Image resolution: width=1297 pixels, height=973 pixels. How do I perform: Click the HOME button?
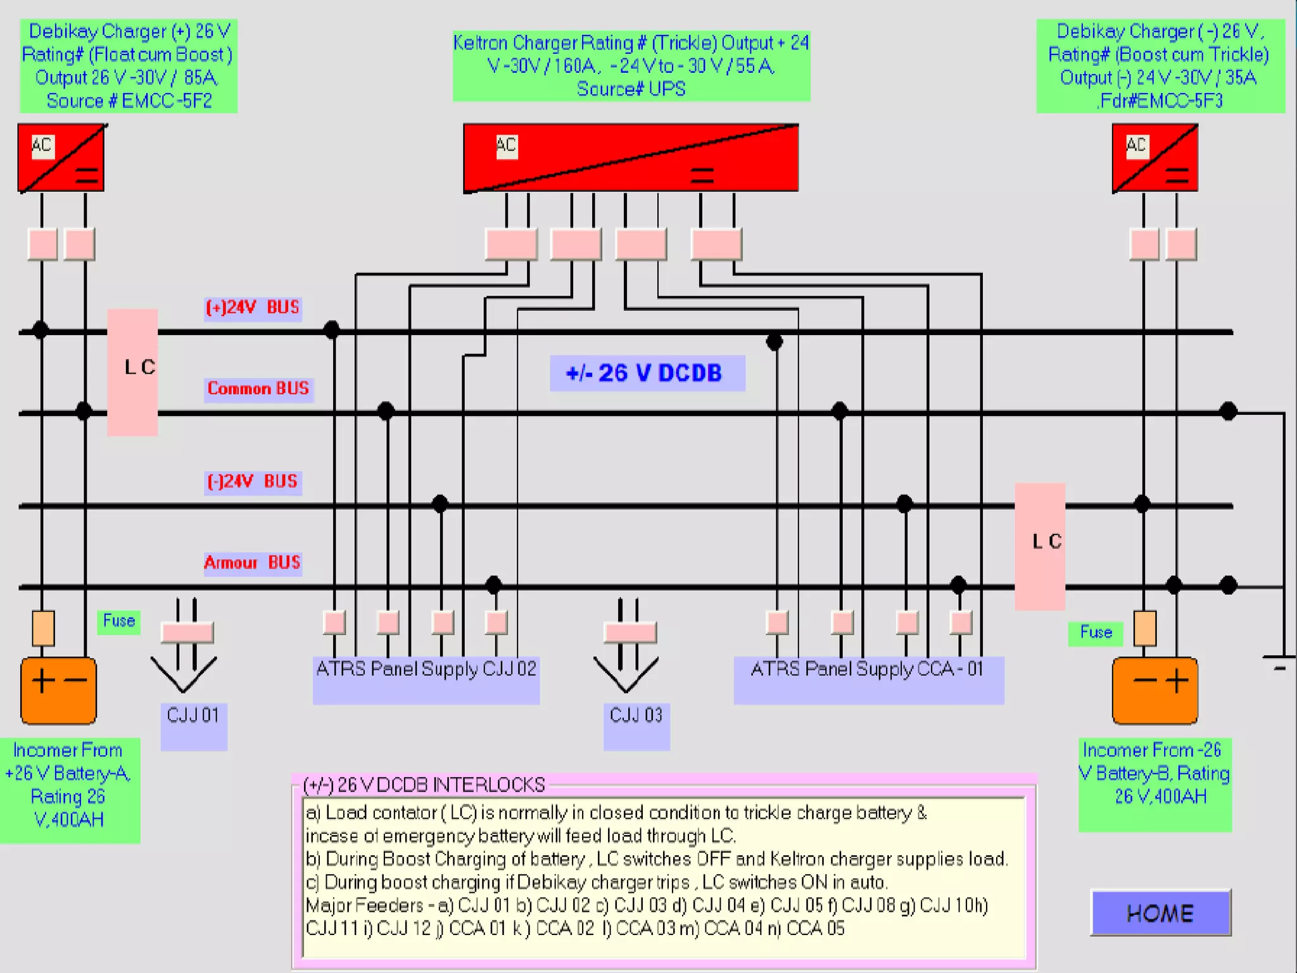(x=1160, y=913)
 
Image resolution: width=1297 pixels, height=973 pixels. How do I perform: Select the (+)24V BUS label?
(x=253, y=308)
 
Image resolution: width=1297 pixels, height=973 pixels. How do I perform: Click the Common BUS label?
(x=258, y=388)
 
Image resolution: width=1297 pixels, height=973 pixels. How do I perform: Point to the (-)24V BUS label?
(x=253, y=481)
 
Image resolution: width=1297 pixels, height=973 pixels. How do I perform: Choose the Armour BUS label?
(x=253, y=563)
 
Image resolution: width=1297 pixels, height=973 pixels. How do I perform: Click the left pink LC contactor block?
(x=132, y=372)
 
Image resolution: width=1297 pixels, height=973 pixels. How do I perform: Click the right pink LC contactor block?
(x=1040, y=546)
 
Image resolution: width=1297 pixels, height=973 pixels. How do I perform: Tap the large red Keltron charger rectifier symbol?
(x=631, y=158)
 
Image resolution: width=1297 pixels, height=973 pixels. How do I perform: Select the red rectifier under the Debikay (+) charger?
(x=61, y=158)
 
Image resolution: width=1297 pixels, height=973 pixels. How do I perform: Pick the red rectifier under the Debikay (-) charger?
(x=1155, y=158)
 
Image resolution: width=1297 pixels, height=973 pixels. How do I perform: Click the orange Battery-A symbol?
(x=59, y=690)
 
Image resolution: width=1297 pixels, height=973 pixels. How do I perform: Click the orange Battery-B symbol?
(x=1155, y=690)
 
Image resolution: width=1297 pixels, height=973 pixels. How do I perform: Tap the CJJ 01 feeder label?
(x=193, y=716)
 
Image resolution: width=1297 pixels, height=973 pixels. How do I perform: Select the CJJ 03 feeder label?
(x=636, y=716)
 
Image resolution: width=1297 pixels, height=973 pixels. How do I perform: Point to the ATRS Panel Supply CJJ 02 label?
(x=426, y=670)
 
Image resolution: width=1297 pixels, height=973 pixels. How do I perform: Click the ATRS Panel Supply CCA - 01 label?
(x=868, y=670)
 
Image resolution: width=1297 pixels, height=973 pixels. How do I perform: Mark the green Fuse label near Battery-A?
(x=119, y=621)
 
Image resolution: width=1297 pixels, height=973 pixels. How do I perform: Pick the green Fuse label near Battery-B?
(x=1096, y=632)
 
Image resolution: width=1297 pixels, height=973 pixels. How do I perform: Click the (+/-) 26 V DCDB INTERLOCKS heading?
(x=424, y=785)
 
